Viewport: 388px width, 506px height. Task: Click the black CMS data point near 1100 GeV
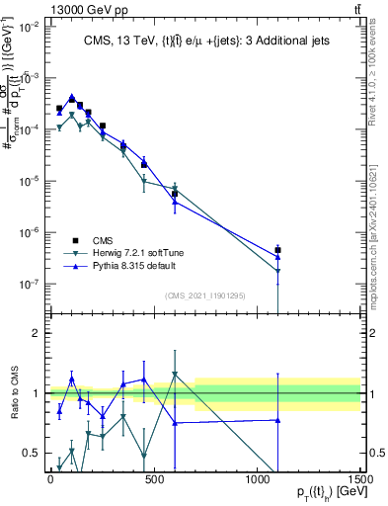point(278,250)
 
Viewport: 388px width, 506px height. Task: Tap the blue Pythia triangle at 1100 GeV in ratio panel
point(278,420)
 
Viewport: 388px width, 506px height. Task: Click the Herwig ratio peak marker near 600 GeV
point(175,375)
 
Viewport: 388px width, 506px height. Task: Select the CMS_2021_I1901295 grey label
point(203,295)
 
